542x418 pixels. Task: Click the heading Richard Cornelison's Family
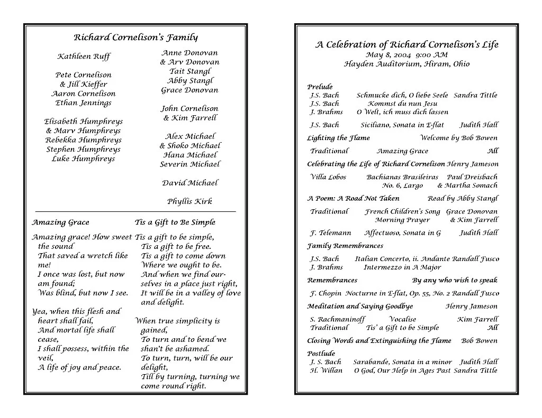click(135, 38)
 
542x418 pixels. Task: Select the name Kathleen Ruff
click(84, 57)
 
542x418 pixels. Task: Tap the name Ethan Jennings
click(84, 103)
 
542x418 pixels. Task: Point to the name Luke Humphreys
click(83, 159)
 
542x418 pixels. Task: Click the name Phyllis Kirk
click(189, 201)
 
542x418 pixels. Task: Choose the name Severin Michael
click(189, 164)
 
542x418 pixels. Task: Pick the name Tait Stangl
click(190, 71)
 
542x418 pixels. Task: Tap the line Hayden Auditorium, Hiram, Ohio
click(406, 64)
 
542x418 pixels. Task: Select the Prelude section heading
click(320, 87)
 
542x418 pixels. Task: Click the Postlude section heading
click(321, 354)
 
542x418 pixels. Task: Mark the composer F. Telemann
click(330, 233)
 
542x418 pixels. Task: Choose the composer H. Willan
click(326, 370)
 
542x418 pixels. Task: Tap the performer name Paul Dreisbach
click(472, 177)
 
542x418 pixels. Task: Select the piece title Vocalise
click(402, 319)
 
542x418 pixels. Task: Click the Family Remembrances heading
click(345, 246)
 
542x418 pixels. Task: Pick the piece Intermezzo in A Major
click(395, 267)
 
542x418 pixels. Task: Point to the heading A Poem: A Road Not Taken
click(353, 199)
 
